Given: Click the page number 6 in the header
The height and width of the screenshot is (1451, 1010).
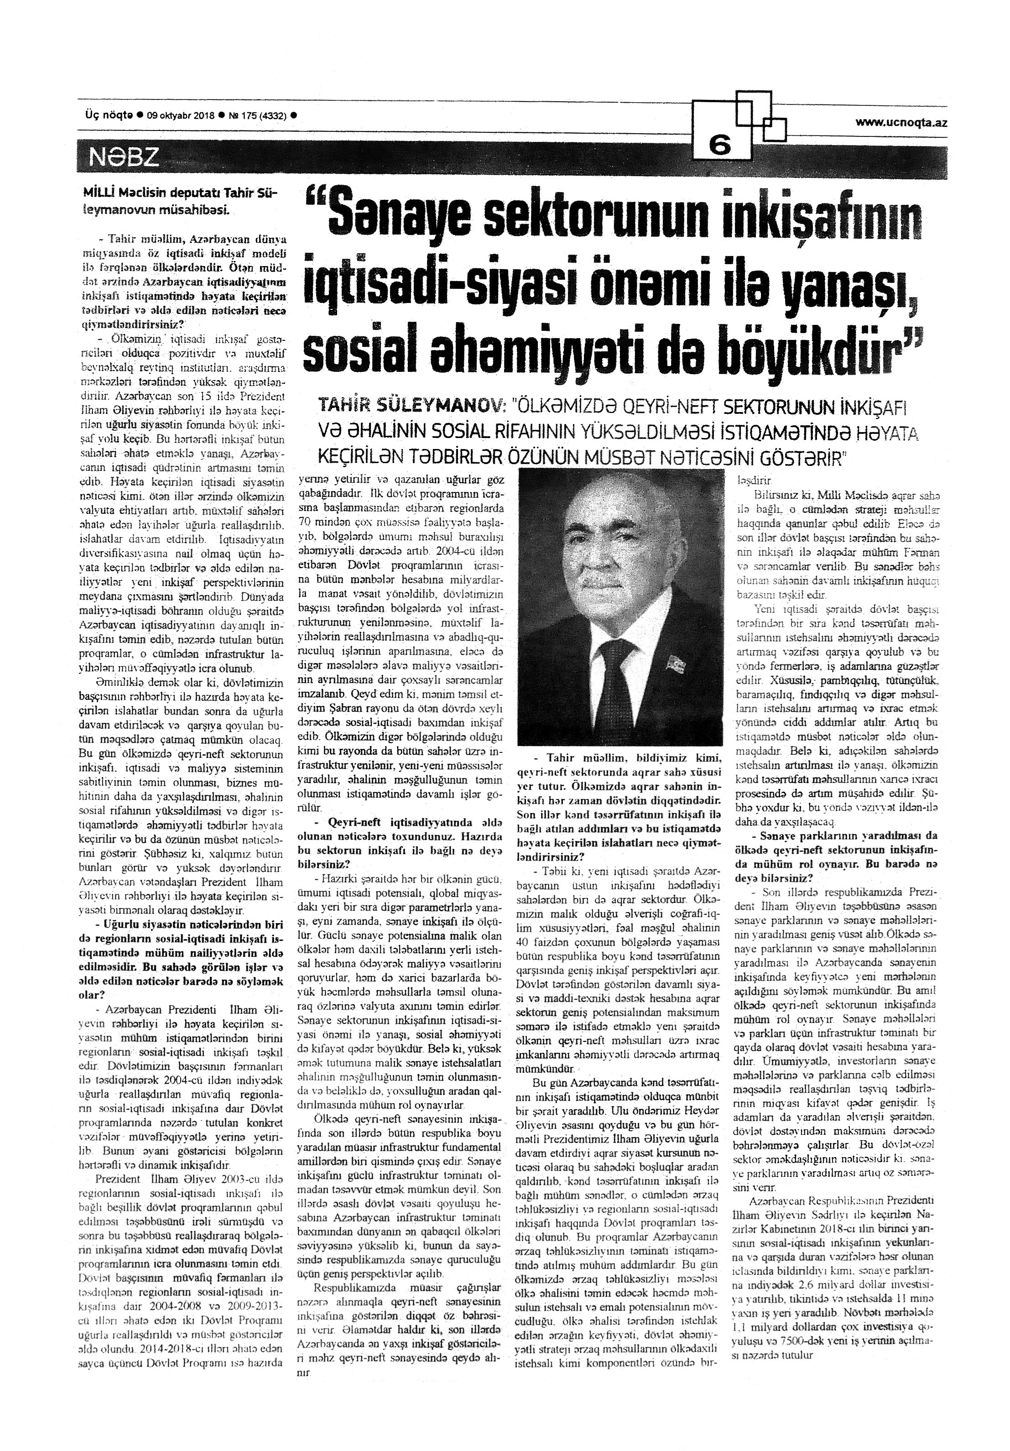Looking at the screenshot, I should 719,146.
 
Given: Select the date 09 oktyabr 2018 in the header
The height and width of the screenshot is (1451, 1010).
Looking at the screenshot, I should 181,115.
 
